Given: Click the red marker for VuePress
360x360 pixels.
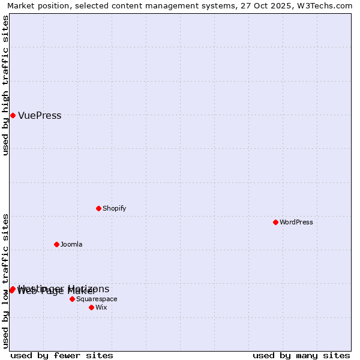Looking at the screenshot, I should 13,115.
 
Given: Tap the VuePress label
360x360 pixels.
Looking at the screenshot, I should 40,116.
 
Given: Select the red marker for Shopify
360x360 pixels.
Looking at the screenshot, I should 98,208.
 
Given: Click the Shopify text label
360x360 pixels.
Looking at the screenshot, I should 114,208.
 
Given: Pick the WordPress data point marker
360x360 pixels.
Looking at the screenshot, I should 275,222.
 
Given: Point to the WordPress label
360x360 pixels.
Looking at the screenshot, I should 296,222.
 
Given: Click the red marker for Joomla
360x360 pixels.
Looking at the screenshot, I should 56,244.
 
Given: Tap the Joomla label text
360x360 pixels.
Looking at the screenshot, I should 71,244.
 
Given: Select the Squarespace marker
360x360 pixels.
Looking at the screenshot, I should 72,299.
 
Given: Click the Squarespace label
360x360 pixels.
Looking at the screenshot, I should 97,299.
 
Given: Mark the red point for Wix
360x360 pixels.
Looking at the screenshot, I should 91,307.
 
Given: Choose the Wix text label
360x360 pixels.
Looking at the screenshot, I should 101,307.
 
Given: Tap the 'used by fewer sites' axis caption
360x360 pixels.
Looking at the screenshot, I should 62,355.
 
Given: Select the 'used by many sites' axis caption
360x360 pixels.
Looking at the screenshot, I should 301,355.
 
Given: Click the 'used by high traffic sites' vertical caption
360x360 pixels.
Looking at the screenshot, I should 6,86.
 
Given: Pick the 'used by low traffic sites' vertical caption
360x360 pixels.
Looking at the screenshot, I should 6,281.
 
